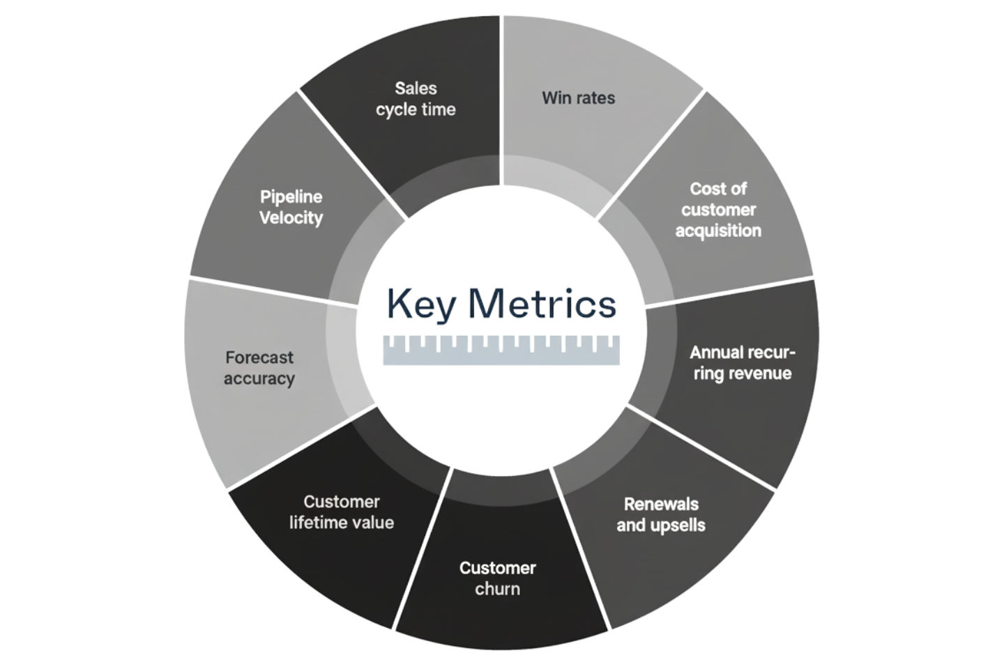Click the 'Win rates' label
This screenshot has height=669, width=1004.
click(578, 98)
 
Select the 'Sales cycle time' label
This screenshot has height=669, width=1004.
click(416, 99)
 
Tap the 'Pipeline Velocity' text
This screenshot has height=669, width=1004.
click(291, 207)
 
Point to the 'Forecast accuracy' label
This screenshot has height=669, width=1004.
click(259, 368)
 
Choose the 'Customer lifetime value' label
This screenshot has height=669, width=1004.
click(341, 512)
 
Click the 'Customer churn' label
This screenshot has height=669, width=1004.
click(497, 578)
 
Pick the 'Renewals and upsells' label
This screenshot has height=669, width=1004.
click(660, 514)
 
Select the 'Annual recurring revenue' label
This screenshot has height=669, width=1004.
click(742, 362)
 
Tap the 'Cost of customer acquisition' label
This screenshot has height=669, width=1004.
click(717, 210)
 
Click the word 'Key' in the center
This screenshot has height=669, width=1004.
click(420, 305)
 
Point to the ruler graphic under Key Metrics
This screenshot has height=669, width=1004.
click(501, 350)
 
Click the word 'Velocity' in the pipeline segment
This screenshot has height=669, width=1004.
click(291, 218)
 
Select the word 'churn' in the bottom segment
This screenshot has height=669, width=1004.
click(497, 590)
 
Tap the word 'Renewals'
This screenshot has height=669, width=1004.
click(660, 504)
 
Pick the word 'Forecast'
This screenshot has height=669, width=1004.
click(259, 357)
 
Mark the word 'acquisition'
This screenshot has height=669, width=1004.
click(717, 231)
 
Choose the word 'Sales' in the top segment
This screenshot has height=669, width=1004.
click(416, 89)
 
